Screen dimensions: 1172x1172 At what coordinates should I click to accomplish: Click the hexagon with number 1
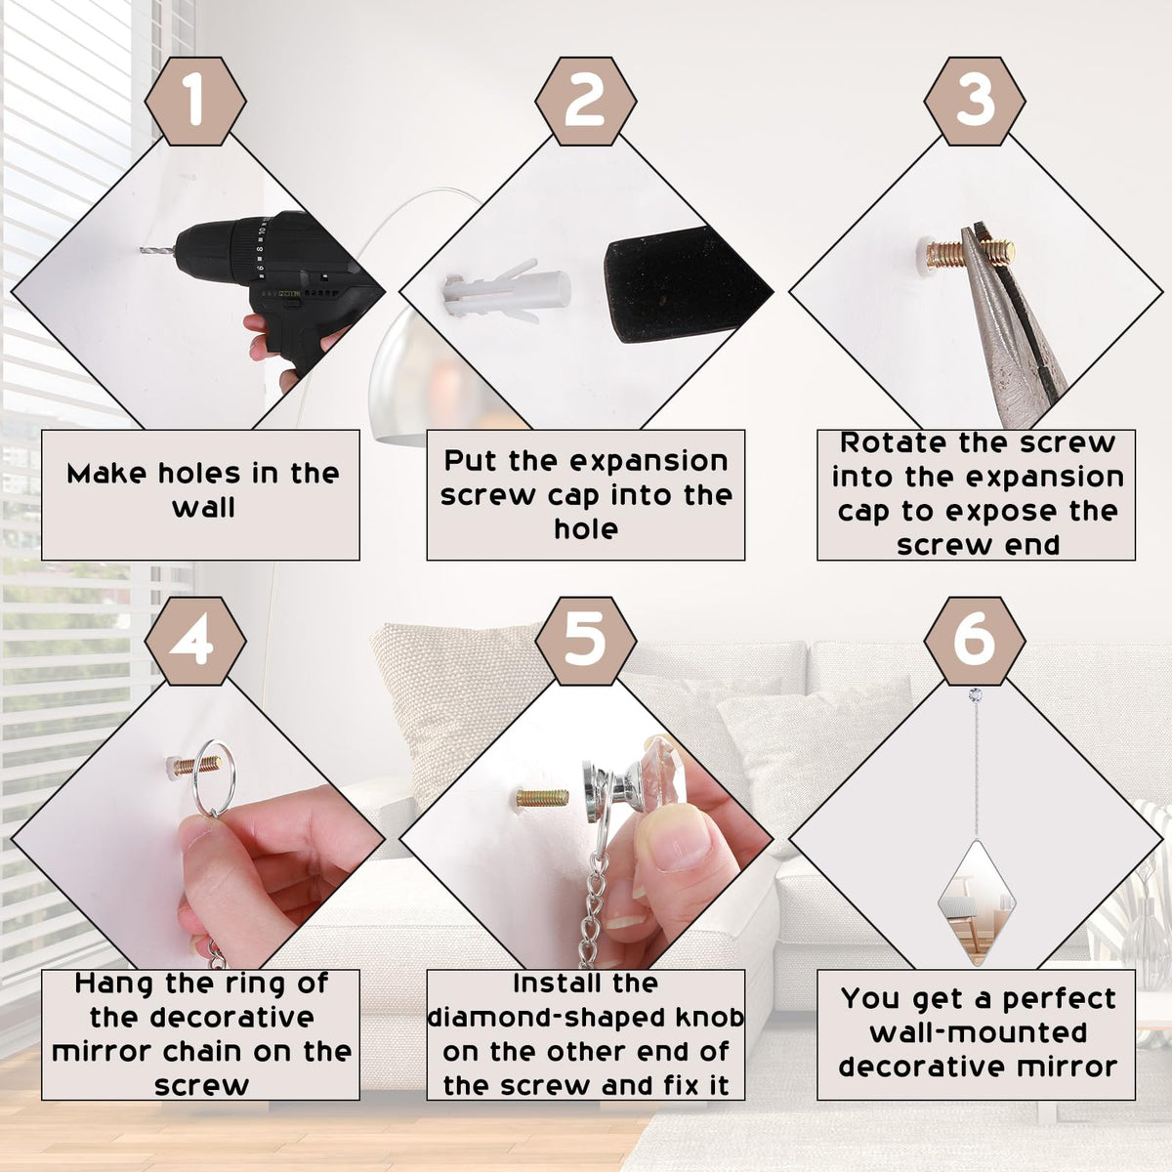point(195,101)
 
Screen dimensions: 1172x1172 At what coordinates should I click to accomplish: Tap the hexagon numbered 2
point(586,101)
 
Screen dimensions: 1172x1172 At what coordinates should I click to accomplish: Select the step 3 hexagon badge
point(975,101)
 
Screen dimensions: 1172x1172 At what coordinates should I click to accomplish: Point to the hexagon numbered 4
point(195,641)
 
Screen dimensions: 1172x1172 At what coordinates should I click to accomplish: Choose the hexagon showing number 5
point(586,641)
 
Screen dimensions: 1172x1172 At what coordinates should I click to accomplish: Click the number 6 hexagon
point(975,641)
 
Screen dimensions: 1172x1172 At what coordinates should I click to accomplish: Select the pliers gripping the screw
point(1007,322)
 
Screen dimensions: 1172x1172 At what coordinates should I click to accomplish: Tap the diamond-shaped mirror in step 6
point(977,902)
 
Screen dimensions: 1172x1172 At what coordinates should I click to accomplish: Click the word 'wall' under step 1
point(203,507)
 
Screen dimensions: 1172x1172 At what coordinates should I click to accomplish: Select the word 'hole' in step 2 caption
point(586,528)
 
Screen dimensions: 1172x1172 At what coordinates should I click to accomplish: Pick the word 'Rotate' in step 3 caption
point(894,442)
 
